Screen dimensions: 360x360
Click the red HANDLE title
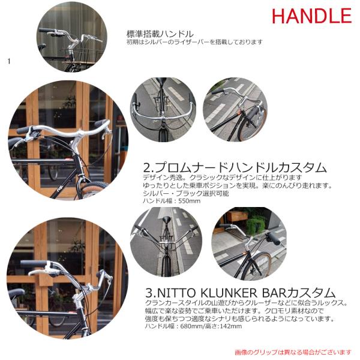(311, 16)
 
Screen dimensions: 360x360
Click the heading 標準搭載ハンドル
(160, 34)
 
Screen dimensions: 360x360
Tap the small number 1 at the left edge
(9, 61)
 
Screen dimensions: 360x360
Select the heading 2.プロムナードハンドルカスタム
(235, 167)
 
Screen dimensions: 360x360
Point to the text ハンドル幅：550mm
(172, 201)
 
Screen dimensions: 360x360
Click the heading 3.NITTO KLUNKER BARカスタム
(240, 293)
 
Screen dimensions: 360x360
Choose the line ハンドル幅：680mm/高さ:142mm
(193, 326)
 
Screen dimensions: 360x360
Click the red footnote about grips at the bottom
(293, 352)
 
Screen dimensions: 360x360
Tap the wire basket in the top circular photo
(82, 57)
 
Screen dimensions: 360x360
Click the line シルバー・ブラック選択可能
(186, 193)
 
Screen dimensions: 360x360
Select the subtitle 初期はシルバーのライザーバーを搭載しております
(194, 42)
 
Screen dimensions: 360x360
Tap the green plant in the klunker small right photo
(256, 224)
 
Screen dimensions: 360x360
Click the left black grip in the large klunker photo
(34, 264)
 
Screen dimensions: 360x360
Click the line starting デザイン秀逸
(222, 178)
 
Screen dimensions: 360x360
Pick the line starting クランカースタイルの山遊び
(246, 303)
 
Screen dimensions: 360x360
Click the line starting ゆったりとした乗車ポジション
(238, 185)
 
